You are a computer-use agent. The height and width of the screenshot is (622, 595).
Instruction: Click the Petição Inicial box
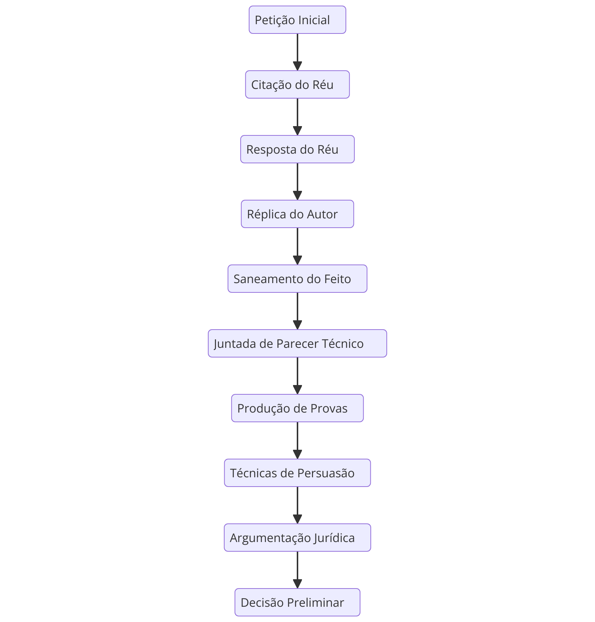click(297, 20)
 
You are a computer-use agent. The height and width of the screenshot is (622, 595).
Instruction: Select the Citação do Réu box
click(297, 84)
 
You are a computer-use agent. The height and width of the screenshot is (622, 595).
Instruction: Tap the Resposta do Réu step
click(297, 149)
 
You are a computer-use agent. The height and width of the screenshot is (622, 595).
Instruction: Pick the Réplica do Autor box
click(297, 214)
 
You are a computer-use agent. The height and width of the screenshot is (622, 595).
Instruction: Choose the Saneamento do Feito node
click(297, 279)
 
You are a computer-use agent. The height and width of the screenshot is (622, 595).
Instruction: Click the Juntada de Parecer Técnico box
click(297, 343)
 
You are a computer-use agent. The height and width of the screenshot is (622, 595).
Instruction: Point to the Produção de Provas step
click(297, 408)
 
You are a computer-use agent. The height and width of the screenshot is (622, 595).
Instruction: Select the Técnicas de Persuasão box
click(297, 473)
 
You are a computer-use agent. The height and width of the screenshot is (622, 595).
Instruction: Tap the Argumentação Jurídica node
click(297, 538)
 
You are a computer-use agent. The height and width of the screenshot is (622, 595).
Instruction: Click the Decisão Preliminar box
click(297, 602)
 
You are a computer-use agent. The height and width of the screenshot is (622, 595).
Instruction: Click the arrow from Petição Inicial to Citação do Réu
click(297, 52)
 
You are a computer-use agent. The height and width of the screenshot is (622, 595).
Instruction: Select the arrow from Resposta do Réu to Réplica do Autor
click(297, 182)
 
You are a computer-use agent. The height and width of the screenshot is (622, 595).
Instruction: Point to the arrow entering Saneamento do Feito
click(297, 246)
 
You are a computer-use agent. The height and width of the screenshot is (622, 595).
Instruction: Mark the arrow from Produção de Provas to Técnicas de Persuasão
click(297, 440)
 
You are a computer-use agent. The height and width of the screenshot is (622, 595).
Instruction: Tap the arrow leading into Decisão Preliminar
click(297, 570)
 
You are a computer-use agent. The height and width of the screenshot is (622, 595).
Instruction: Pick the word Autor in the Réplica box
click(322, 214)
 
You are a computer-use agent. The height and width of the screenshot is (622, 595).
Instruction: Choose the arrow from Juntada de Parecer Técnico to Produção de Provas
click(297, 376)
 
